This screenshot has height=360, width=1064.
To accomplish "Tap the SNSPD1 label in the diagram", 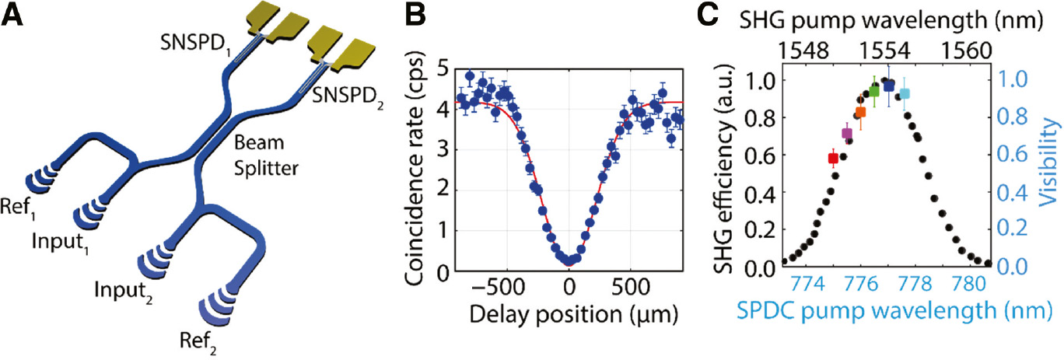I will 197,40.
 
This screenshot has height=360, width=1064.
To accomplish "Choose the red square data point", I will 833,159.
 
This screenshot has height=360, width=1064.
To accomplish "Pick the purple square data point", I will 847,134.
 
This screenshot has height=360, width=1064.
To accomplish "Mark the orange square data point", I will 860,113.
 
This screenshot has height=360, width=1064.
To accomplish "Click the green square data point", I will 874,91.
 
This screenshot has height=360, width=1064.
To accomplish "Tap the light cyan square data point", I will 904,94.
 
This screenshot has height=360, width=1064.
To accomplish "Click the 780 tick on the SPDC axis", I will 970,284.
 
